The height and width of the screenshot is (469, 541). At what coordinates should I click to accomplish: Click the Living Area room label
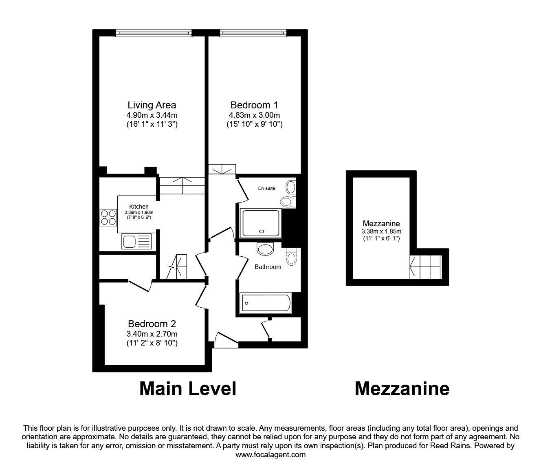152,105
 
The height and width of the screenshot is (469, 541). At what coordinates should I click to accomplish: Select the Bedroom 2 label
152,324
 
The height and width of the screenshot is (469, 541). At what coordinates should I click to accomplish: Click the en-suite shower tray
261,223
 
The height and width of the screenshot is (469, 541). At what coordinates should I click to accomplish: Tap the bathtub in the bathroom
266,303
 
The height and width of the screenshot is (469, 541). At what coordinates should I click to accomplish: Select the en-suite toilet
287,201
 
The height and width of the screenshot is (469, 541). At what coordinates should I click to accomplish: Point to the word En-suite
267,188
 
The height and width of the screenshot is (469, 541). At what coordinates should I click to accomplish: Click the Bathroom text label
268,267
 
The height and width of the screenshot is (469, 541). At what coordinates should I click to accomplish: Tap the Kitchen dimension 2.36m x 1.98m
139,212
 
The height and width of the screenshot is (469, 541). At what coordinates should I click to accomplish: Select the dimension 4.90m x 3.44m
152,115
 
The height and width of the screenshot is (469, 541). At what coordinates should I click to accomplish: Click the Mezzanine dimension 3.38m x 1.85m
381,231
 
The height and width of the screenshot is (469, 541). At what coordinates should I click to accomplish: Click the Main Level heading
188,389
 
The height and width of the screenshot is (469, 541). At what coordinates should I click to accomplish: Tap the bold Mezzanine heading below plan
402,389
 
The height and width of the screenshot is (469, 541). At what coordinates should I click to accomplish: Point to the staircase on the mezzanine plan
426,267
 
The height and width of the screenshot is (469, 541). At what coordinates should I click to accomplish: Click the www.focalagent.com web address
270,455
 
